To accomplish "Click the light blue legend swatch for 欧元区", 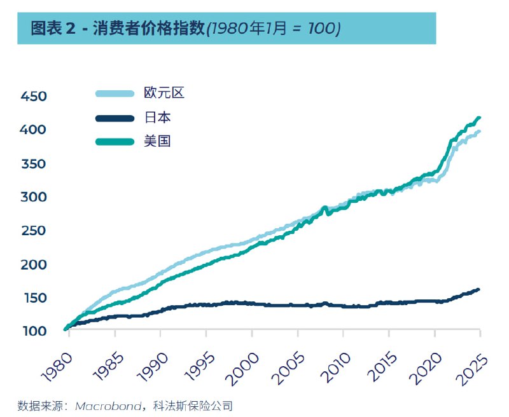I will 115,93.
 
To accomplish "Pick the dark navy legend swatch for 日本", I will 115,118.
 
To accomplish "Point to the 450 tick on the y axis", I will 34,97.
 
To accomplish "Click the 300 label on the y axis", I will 34,197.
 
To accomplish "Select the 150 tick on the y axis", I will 34,297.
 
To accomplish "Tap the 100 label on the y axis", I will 34,331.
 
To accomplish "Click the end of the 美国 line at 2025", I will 478,118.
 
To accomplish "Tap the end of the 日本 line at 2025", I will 478,289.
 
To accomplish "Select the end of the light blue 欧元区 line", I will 478,132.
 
